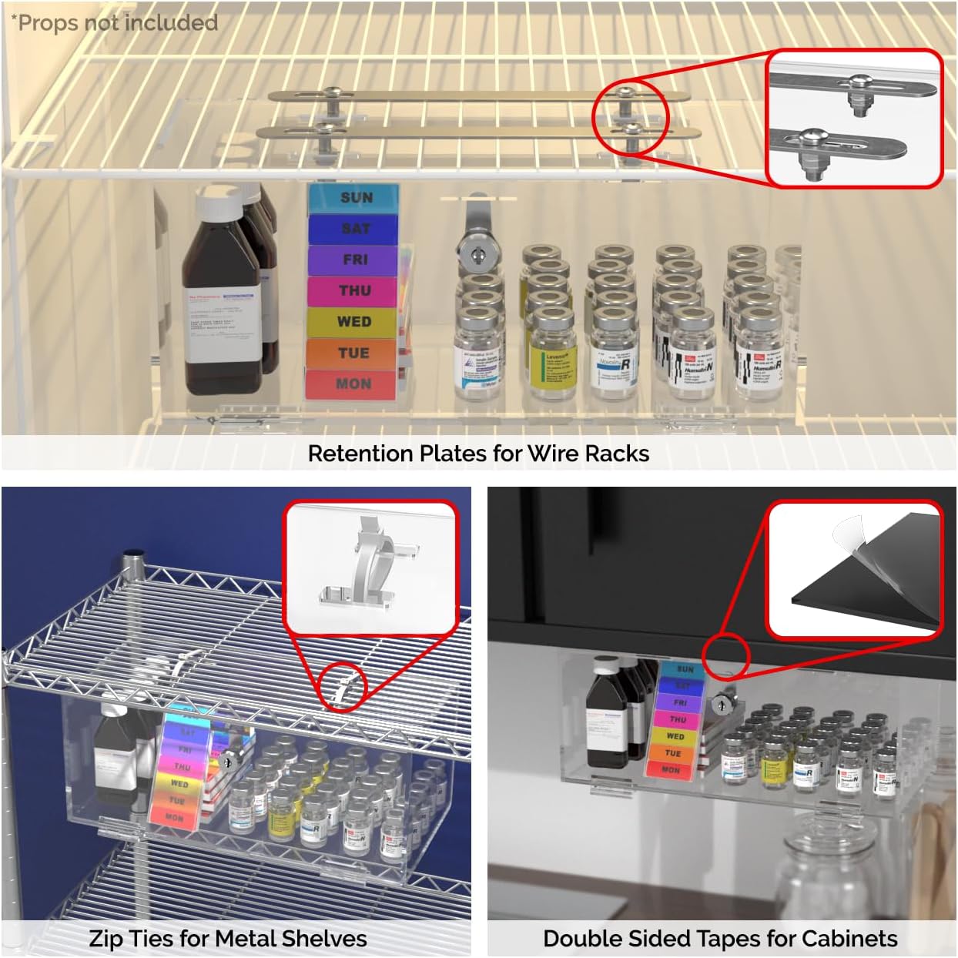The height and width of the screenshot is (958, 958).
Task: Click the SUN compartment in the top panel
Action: coord(355,198)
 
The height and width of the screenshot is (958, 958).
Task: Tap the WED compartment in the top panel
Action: coord(353,322)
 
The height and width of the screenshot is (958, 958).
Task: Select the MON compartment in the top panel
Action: coord(353,384)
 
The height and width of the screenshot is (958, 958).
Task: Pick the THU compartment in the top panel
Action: coord(354,290)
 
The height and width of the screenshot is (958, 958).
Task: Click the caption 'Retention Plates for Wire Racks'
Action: coord(478,454)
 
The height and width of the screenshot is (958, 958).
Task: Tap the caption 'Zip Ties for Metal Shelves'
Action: coord(228,939)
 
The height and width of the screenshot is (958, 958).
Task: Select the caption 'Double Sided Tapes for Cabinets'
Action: coord(720,939)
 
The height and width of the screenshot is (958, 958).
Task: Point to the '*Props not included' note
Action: coord(115,23)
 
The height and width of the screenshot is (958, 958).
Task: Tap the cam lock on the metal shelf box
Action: coord(229,762)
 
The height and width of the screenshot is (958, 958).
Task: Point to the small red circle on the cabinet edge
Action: coord(729,654)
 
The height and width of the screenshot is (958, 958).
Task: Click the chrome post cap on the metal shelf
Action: coord(135,556)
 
